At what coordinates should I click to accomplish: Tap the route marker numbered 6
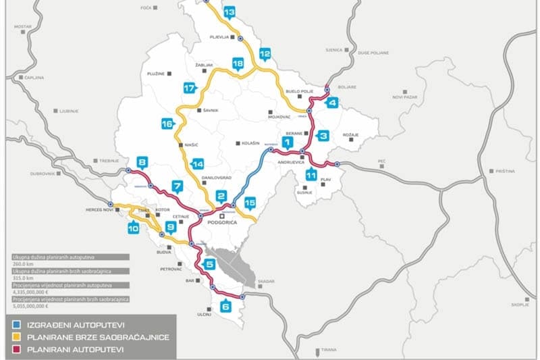click(x=225, y=306)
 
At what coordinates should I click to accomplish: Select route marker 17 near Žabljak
click(x=189, y=88)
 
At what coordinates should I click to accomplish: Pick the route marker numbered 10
click(x=132, y=228)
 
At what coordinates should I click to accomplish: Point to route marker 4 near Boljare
click(x=331, y=103)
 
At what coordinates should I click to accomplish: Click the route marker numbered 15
click(x=250, y=203)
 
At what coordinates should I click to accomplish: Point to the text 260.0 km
click(x=25, y=264)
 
